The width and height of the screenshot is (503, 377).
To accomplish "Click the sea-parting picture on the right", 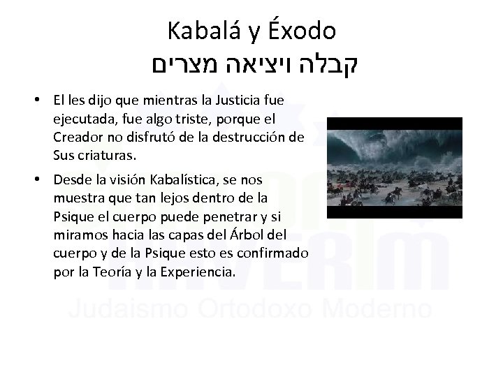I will tap(395, 168).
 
